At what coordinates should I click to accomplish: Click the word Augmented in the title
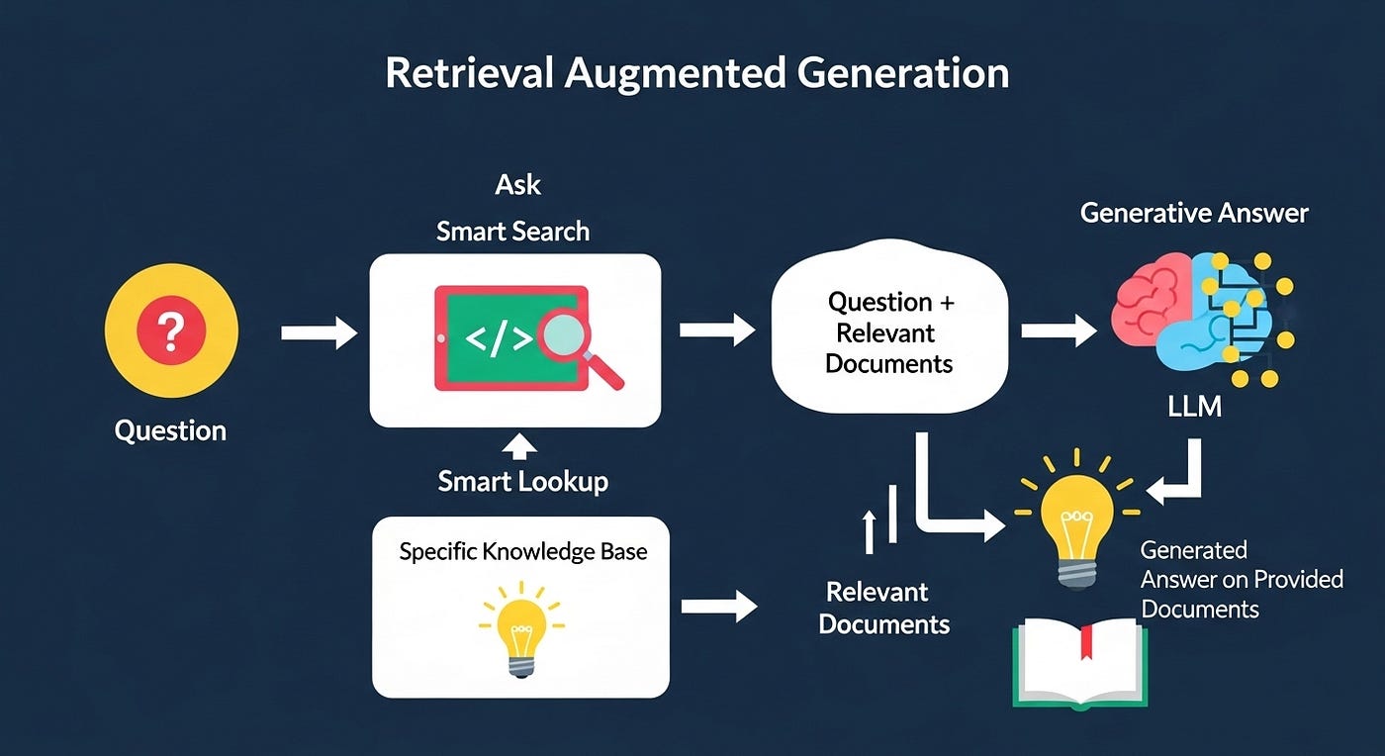(x=675, y=73)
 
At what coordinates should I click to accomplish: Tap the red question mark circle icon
(x=171, y=330)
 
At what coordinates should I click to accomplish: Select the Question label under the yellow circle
(x=170, y=430)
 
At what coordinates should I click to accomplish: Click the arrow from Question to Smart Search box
(x=319, y=332)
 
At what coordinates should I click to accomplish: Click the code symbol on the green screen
(x=499, y=339)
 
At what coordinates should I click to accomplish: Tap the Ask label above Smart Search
(x=517, y=184)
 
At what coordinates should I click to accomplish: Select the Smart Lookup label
(x=522, y=481)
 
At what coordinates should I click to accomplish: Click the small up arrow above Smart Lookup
(x=519, y=446)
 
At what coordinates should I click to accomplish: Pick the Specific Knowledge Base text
(x=523, y=551)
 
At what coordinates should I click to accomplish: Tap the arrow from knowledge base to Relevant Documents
(x=719, y=606)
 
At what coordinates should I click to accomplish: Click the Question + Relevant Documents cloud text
(x=889, y=332)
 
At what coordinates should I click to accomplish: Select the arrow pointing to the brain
(x=1059, y=331)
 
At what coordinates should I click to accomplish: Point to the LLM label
(x=1195, y=407)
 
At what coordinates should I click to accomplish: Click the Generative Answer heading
(x=1194, y=213)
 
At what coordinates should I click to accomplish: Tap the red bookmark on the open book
(x=1086, y=641)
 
